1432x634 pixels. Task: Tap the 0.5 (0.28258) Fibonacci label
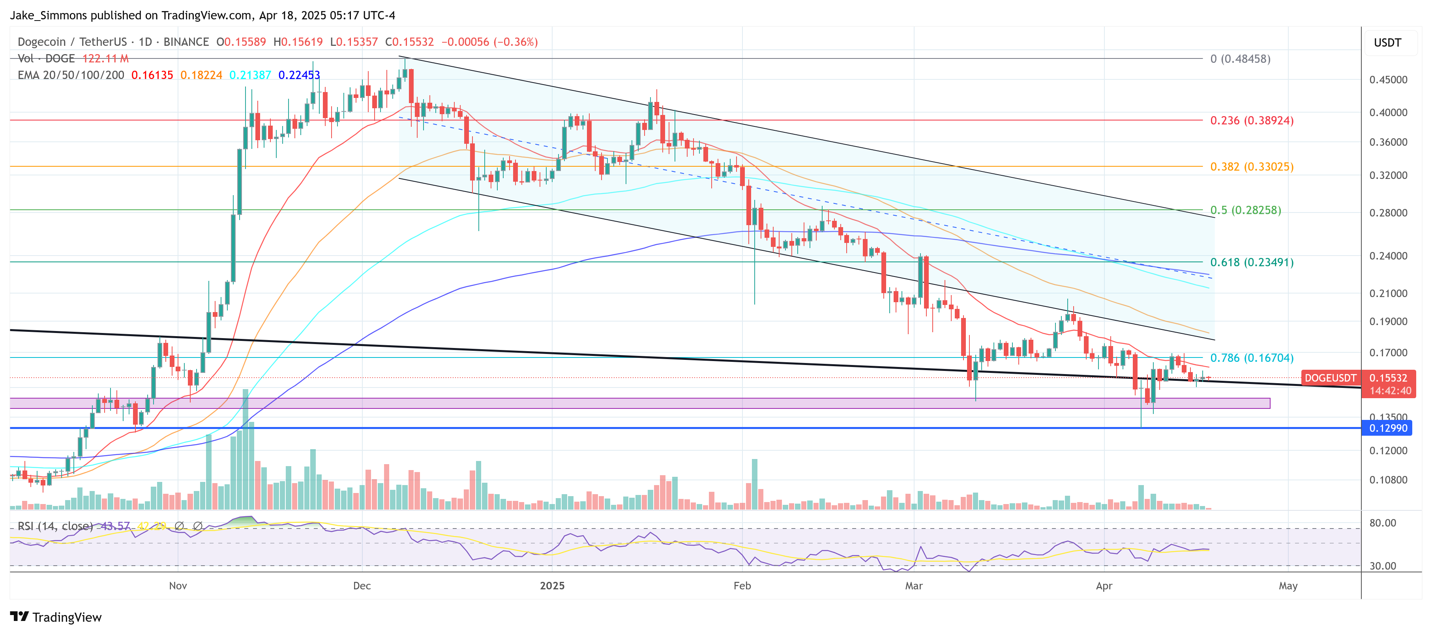1245,210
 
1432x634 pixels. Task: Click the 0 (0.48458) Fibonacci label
1240,59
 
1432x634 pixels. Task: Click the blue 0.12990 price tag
1388,428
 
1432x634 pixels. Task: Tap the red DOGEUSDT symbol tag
1330,378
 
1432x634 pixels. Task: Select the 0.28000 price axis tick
1388,213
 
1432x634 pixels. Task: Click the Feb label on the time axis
742,586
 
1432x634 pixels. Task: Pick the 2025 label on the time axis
552,586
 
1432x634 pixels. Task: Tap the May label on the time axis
1288,586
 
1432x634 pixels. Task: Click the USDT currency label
1387,43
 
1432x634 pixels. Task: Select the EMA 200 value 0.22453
299,75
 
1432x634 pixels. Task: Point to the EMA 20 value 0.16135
152,75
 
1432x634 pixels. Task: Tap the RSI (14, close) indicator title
55,526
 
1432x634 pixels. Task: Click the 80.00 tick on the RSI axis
1383,523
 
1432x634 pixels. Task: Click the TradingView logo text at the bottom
67,617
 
